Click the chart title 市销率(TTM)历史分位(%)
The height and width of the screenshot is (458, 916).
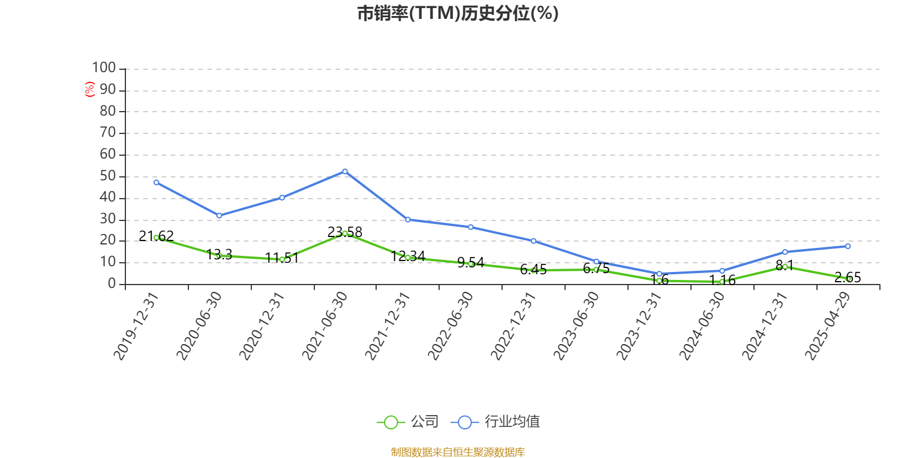tap(457, 13)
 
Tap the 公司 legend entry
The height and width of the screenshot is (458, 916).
tap(408, 422)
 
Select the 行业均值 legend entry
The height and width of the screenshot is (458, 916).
tap(496, 422)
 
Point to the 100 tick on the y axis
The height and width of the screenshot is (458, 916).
tap(104, 68)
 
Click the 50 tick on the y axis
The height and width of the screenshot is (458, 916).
tap(108, 176)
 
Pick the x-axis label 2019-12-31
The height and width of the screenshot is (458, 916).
tap(136, 326)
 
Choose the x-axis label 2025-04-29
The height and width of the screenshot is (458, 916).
tap(827, 326)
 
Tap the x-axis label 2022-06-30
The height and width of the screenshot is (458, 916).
tap(451, 326)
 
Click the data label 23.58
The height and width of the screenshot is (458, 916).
tap(345, 232)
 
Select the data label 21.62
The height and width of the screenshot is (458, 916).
tap(156, 236)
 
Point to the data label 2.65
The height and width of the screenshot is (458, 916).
tap(848, 278)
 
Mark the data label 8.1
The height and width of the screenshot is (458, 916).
tap(784, 266)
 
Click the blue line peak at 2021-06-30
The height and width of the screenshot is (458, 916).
tap(345, 171)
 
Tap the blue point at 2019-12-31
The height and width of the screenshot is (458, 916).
tap(156, 183)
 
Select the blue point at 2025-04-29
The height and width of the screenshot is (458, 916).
tap(848, 246)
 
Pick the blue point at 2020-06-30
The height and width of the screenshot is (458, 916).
tap(219, 216)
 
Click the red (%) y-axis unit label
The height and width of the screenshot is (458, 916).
tap(89, 89)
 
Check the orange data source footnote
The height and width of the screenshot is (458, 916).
tap(457, 452)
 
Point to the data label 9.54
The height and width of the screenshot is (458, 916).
tap(471, 263)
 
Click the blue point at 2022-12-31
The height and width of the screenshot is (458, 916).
tap(534, 241)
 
